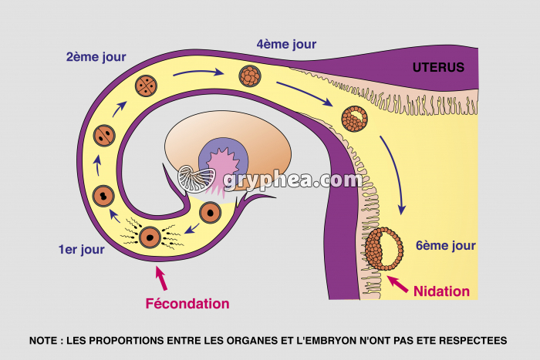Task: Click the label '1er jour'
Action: coord(82,249)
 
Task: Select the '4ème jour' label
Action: coord(286,44)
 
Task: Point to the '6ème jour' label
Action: coord(446,246)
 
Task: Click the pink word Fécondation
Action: coord(187,303)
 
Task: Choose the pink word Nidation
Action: coord(441,291)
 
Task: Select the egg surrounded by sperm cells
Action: coord(149,237)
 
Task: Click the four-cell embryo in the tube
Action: coord(147,86)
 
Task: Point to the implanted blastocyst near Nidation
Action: coord(383,248)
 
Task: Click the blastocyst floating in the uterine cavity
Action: coord(355,118)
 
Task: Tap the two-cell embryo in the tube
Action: coord(106,136)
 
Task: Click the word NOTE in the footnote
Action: coord(44,340)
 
